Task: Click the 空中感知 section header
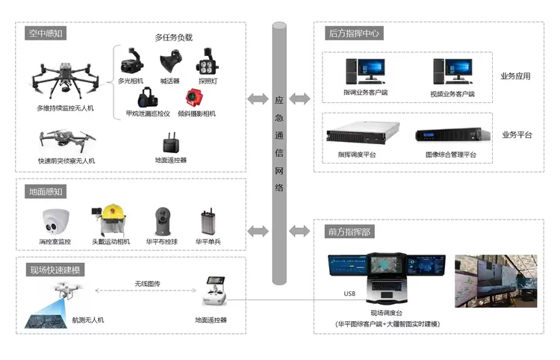46,34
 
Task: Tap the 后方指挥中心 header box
355,34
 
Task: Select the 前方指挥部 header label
349,232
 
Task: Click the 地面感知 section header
46,191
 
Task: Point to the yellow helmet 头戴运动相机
112,220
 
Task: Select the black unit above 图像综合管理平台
448,135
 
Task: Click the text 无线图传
147,284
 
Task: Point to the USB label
349,294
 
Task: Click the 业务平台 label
516,134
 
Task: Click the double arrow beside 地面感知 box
258,231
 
